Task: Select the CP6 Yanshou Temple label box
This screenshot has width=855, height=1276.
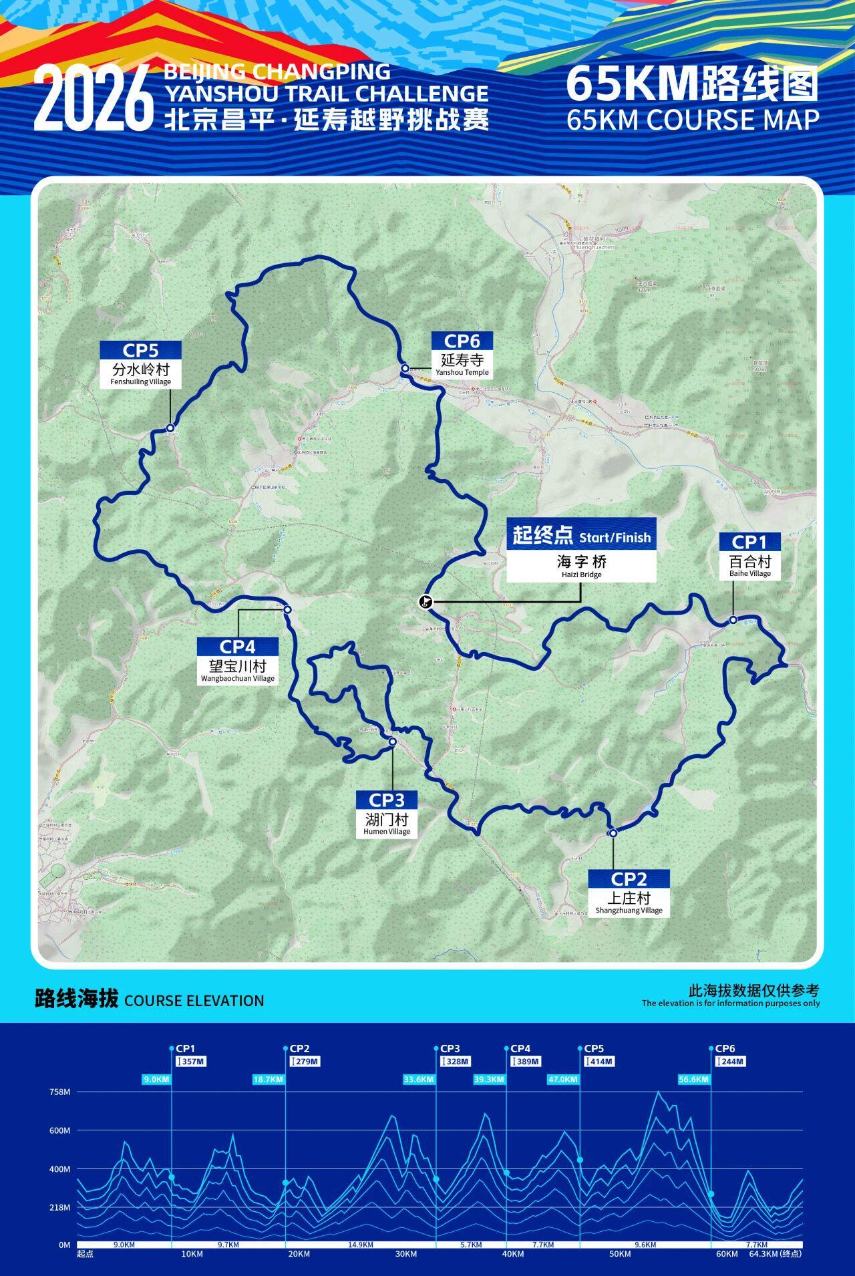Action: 462,355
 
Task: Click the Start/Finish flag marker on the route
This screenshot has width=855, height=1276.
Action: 425,602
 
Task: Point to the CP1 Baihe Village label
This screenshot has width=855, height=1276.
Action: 749,555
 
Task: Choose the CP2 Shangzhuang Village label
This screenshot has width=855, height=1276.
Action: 629,893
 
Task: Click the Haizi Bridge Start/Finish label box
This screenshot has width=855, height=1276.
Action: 581,550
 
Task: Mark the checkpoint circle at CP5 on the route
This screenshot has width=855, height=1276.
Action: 170,428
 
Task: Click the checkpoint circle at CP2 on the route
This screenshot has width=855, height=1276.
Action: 613,833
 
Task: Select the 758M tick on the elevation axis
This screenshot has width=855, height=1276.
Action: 59,1092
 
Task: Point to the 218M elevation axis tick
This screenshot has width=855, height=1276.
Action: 59,1208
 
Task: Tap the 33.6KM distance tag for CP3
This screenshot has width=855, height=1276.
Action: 419,1079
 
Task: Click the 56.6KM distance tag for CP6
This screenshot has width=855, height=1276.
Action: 693,1079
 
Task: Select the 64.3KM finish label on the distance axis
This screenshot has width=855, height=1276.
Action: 775,1254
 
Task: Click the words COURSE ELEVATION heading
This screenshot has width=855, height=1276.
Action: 194,1000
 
